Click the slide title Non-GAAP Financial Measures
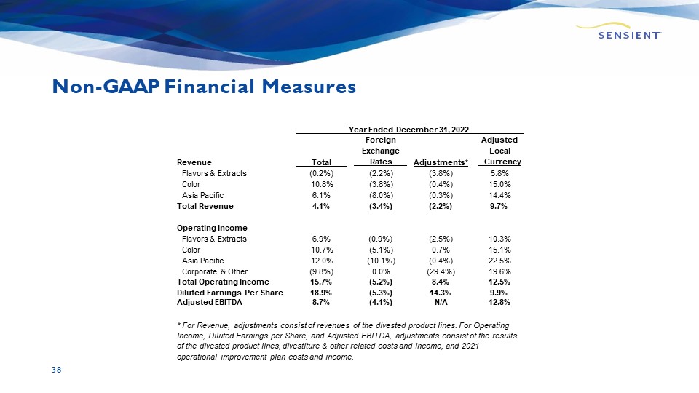(204, 87)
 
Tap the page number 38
(56, 370)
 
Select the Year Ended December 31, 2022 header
(410, 129)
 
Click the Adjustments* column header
(441, 162)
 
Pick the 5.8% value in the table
(499, 173)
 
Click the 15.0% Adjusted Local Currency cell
(499, 184)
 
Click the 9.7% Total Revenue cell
(499, 206)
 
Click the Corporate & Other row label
(214, 271)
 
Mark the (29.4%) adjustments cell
(441, 271)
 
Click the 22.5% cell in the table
(499, 261)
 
